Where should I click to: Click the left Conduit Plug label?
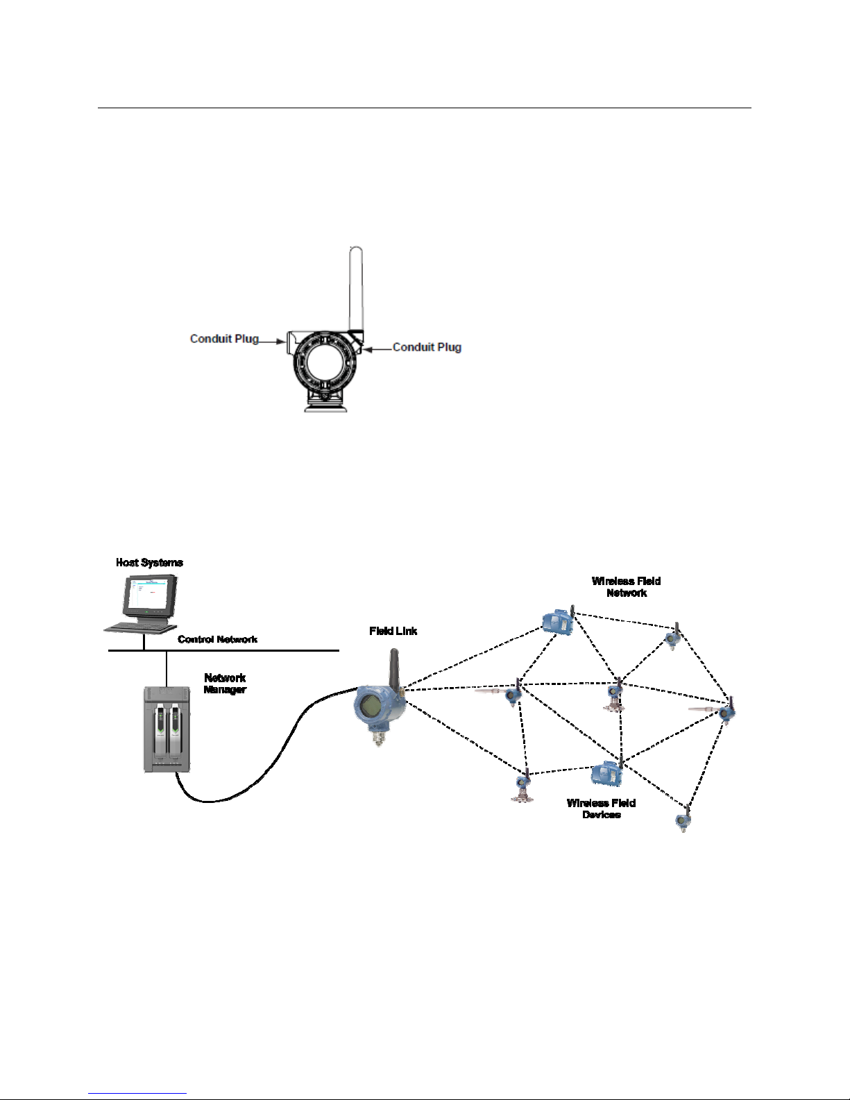pyautogui.click(x=224, y=339)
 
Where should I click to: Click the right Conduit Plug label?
pyautogui.click(x=427, y=347)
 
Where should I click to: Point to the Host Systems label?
pyautogui.click(x=149, y=563)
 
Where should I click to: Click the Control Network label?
pyautogui.click(x=217, y=639)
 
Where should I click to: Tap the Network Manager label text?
pyautogui.click(x=225, y=684)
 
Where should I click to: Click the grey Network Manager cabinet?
pyautogui.click(x=167, y=729)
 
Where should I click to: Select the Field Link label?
pyautogui.click(x=393, y=631)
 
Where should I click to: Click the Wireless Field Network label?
pyautogui.click(x=626, y=587)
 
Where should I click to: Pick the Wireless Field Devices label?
pyautogui.click(x=601, y=809)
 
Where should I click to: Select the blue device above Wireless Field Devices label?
pyautogui.click(x=606, y=772)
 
